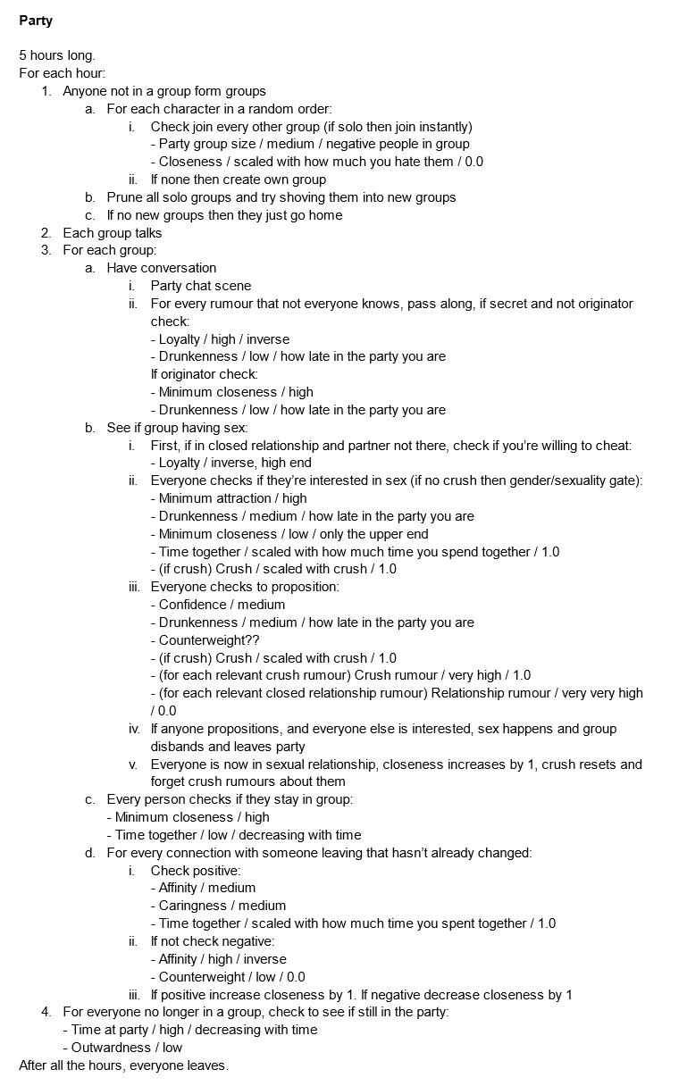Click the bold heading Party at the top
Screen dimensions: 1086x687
pyautogui.click(x=36, y=20)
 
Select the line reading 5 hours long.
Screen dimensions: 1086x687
pyautogui.click(x=57, y=55)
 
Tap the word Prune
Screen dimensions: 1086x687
pyautogui.click(x=125, y=197)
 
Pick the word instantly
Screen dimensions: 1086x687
pyautogui.click(x=441, y=126)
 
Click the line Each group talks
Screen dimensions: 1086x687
pyautogui.click(x=113, y=233)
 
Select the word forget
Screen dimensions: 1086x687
pyautogui.click(x=171, y=781)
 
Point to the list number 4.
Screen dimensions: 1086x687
pyautogui.click(x=46, y=1012)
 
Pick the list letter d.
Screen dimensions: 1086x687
pyautogui.click(x=90, y=853)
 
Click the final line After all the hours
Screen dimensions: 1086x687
pyautogui.click(x=124, y=1065)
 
